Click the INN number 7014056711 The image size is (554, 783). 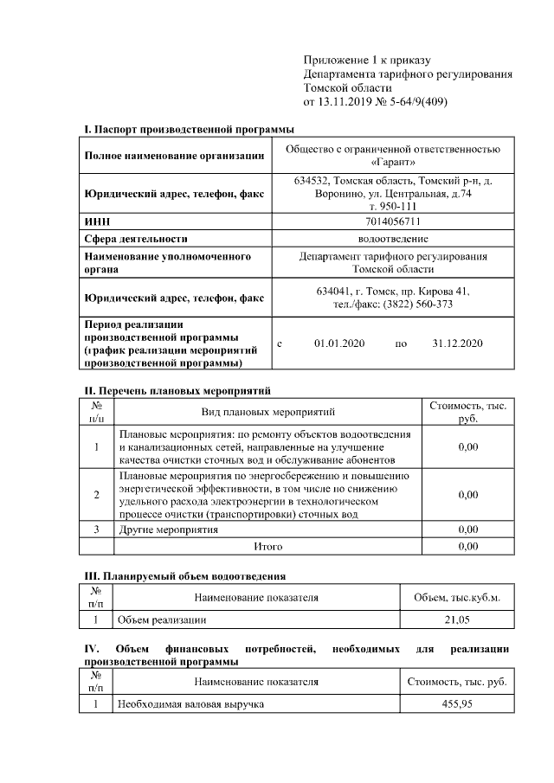coord(392,221)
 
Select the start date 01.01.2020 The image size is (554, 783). coord(339,343)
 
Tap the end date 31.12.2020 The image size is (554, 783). coord(456,343)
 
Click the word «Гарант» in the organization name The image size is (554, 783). coord(392,162)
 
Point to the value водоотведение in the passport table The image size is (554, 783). coord(392,238)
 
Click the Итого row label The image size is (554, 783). coord(267,547)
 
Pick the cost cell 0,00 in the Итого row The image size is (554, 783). coord(467,547)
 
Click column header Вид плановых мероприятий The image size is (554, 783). coord(267,412)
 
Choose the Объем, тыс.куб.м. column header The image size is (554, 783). coord(456,597)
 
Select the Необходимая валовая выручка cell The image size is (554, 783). coord(190,704)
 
